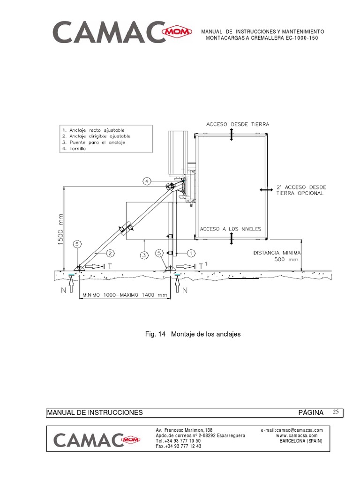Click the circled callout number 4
[x=147, y=181]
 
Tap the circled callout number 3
[x=144, y=255]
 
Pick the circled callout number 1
[x=191, y=253]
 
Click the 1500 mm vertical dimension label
[x=60, y=229]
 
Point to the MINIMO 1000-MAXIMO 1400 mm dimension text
[x=125, y=295]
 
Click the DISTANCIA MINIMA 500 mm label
[x=277, y=256]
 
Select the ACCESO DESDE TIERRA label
[x=238, y=124]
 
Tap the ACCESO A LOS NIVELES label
[x=231, y=229]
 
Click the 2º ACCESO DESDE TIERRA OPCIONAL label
[x=301, y=190]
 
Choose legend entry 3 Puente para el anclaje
[x=94, y=142]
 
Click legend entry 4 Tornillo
[x=74, y=149]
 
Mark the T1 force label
[x=203, y=266]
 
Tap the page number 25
[x=336, y=412]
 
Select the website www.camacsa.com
[x=297, y=435]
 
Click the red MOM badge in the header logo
[x=177, y=31]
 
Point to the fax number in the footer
[x=179, y=446]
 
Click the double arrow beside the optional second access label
[x=266, y=190]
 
